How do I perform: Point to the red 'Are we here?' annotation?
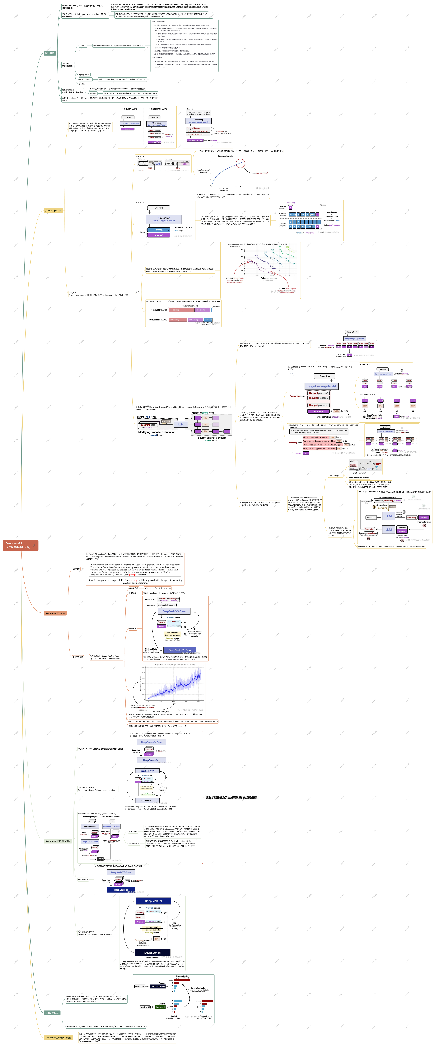tap(262, 173)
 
